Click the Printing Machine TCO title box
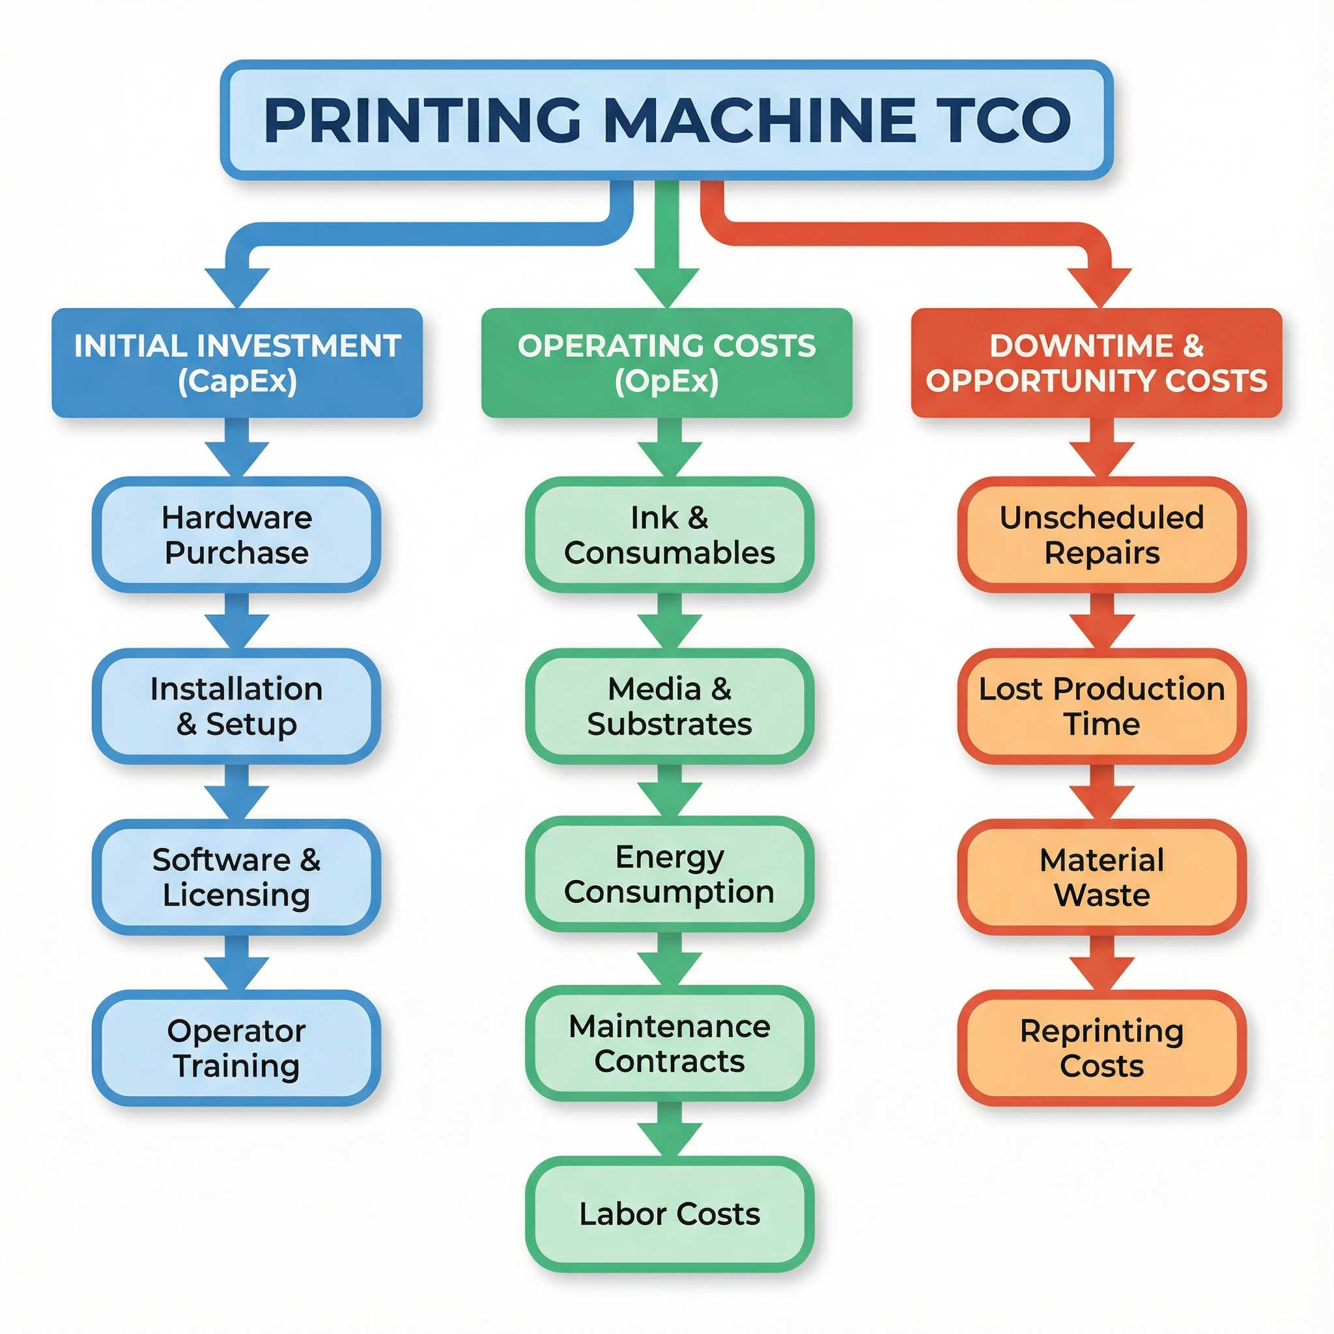[x=666, y=119]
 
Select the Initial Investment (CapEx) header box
[x=237, y=363]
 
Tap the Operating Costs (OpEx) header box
[x=666, y=363]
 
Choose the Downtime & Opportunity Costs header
[x=1096, y=363]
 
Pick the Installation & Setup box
[x=236, y=706]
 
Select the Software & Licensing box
[x=236, y=877]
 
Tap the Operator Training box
[x=236, y=1048]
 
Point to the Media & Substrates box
[x=669, y=706]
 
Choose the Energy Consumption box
[x=669, y=874]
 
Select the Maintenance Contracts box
[x=669, y=1043]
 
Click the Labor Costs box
[x=669, y=1214]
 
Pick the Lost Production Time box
[x=1101, y=706]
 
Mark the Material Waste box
[x=1101, y=877]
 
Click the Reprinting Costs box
[x=1101, y=1048]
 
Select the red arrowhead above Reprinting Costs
[x=1102, y=974]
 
